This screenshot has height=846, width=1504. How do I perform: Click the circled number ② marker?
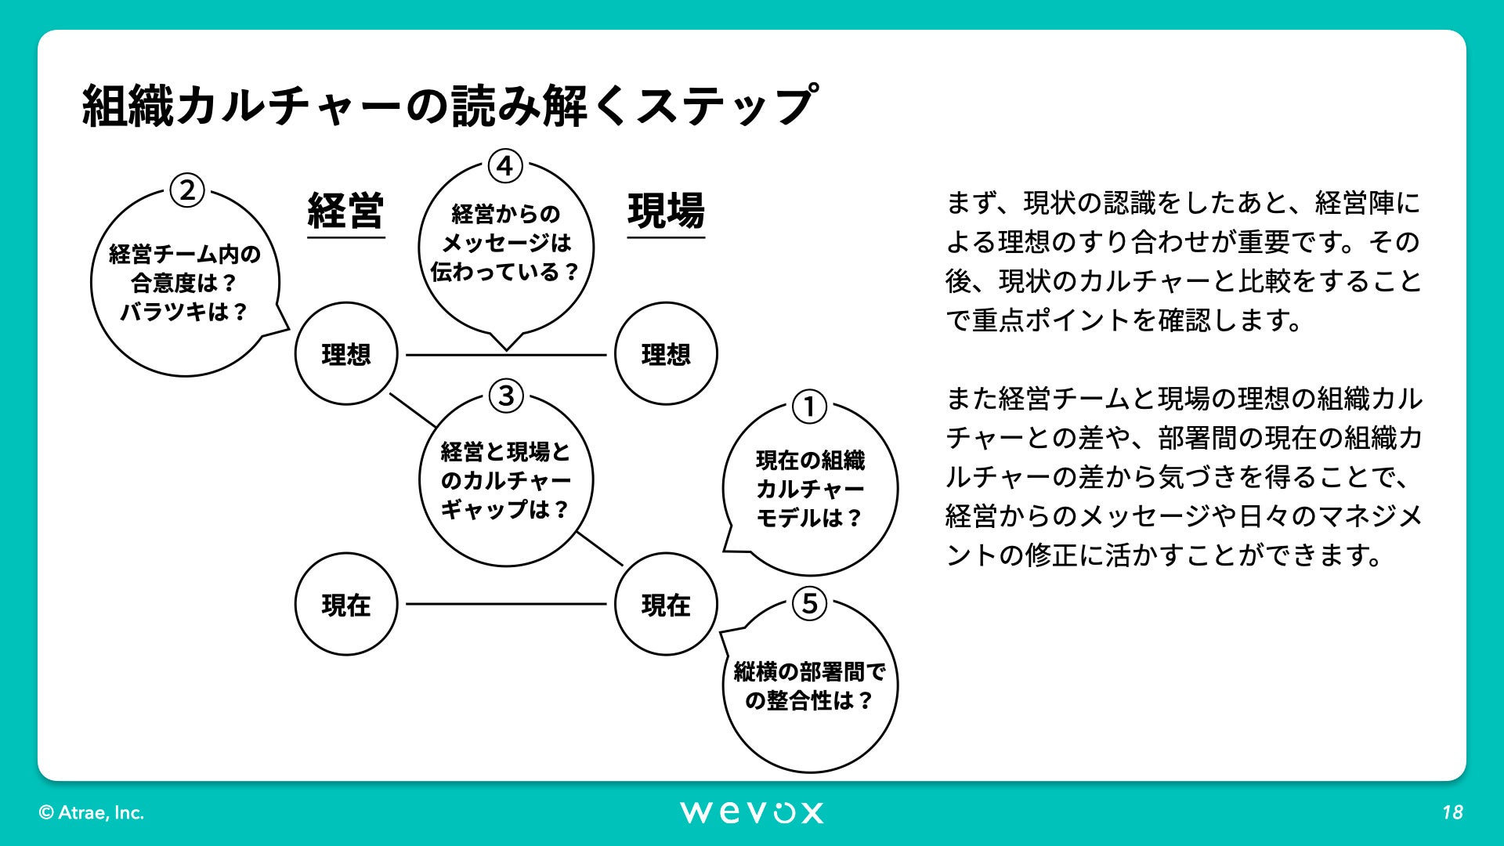pyautogui.click(x=187, y=190)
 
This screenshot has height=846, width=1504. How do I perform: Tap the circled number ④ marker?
pyautogui.click(x=505, y=166)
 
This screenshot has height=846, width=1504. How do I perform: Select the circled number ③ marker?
pyautogui.click(x=506, y=396)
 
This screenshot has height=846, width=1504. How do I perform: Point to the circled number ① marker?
pyautogui.click(x=809, y=407)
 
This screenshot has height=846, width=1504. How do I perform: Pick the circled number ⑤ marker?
pyautogui.click(x=809, y=604)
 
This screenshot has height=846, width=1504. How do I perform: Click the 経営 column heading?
pyautogui.click(x=345, y=211)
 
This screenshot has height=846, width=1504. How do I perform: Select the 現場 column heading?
pyautogui.click(x=666, y=211)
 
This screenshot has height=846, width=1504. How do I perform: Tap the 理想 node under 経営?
pyautogui.click(x=345, y=354)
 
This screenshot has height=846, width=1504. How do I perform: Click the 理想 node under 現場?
pyautogui.click(x=666, y=354)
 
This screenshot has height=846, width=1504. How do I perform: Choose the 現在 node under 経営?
pyautogui.click(x=345, y=605)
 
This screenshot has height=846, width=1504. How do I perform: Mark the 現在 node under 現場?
pyautogui.click(x=666, y=605)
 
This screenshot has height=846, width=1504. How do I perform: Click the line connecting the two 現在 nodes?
pyautogui.click(x=506, y=604)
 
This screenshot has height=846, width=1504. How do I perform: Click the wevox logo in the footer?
pyautogui.click(x=751, y=812)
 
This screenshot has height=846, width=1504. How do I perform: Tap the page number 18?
pyautogui.click(x=1452, y=812)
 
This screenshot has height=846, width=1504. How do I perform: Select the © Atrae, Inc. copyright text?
pyautogui.click(x=92, y=813)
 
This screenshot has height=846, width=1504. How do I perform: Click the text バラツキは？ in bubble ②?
pyautogui.click(x=184, y=312)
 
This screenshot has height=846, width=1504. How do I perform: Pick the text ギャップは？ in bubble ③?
pyautogui.click(x=505, y=509)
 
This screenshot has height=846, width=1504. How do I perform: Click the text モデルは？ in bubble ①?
pyautogui.click(x=809, y=518)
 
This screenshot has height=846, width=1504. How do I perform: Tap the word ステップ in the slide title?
pyautogui.click(x=725, y=107)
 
